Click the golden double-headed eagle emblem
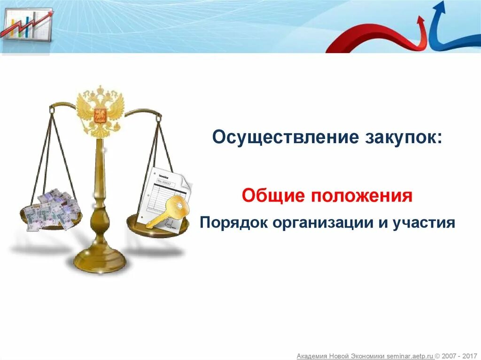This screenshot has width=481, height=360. pos(100,111)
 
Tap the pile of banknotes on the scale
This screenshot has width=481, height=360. pos(51,209)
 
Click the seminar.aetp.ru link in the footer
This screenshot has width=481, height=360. pos(411,356)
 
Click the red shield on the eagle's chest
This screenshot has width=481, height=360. pos(100,114)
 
